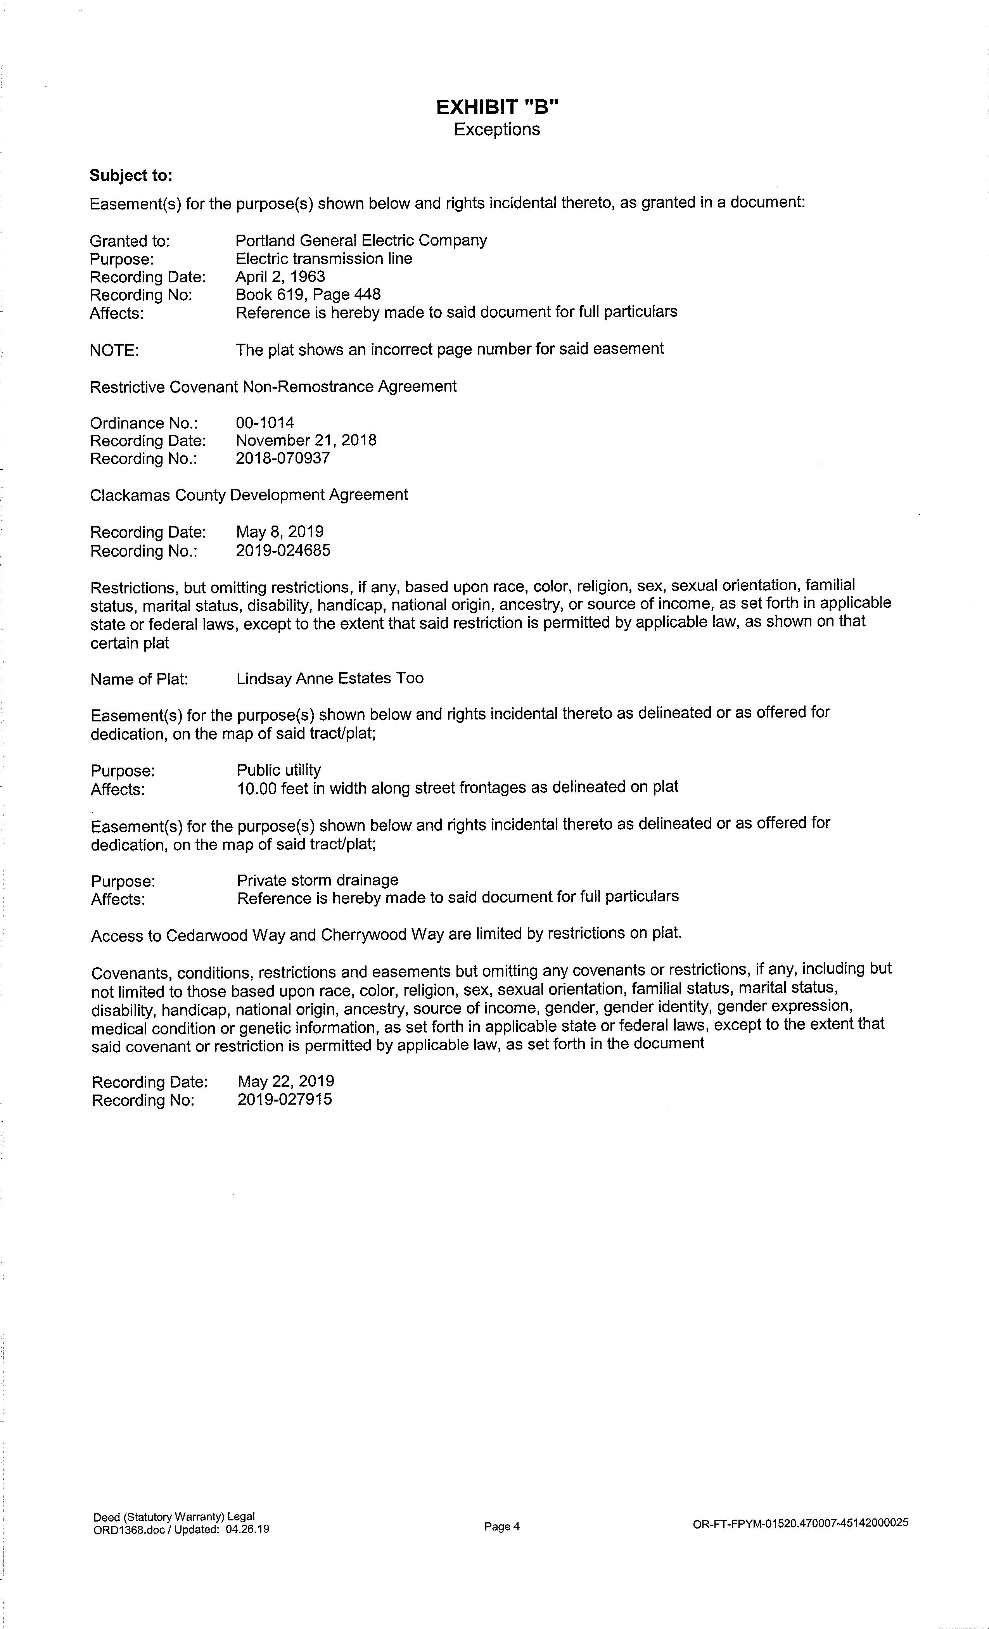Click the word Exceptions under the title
[496, 130]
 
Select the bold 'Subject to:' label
[131, 175]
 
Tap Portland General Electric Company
[361, 240]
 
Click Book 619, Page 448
[308, 294]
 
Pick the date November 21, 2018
[306, 440]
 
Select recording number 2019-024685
[283, 550]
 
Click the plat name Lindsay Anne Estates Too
[330, 678]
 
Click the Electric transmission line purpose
[324, 258]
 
